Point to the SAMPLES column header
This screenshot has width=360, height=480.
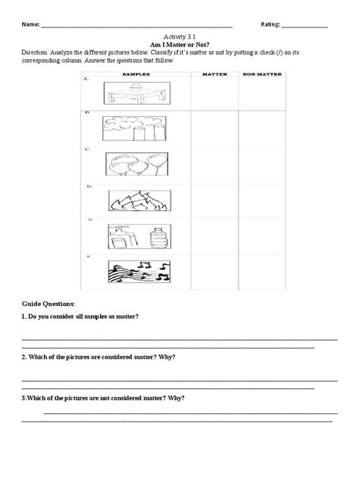click(134, 74)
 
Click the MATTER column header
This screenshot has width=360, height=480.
click(210, 74)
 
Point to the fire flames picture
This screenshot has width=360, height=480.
click(134, 200)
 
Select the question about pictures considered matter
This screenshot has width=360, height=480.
click(93, 356)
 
